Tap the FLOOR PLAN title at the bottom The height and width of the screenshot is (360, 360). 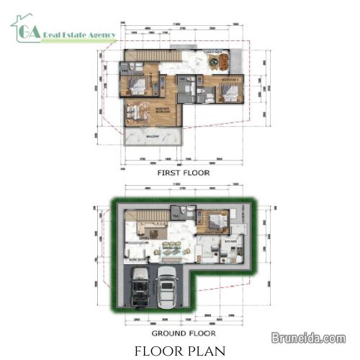point(180,351)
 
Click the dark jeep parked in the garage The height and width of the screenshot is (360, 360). point(143,289)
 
